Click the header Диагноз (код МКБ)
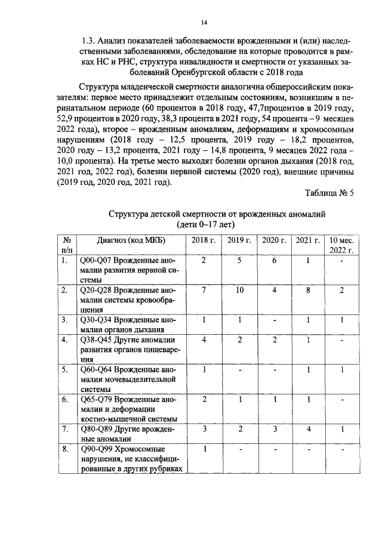(122, 240)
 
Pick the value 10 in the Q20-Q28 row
(239, 290)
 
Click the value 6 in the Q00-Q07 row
(275, 260)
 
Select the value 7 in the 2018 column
(204, 290)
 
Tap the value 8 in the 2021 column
(307, 290)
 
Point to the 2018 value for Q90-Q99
(204, 449)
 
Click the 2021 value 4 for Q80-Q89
(307, 429)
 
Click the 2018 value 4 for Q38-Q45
(204, 340)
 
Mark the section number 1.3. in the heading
(90, 41)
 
